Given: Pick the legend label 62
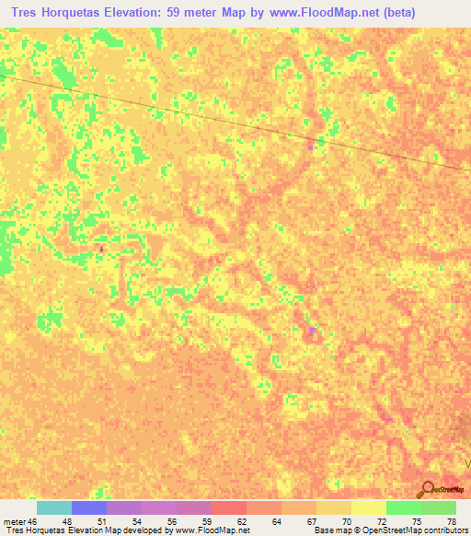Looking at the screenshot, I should click(228, 522).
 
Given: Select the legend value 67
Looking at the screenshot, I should click(294, 522).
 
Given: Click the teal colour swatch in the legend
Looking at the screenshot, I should click(54, 507).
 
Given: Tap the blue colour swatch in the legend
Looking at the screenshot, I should click(89, 507).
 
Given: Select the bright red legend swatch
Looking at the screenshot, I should click(229, 507).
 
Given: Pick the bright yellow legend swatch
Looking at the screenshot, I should click(369, 507).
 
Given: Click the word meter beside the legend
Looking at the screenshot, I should click(14, 522).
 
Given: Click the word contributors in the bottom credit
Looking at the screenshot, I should click(444, 531).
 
